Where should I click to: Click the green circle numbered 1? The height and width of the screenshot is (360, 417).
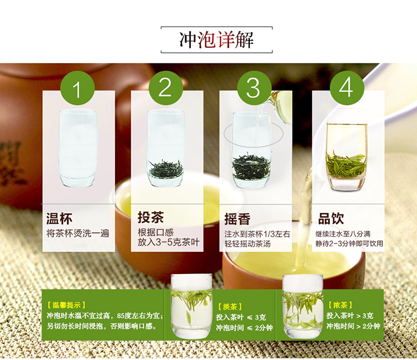[x=77, y=88]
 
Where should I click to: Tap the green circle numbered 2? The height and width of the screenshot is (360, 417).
[x=166, y=88]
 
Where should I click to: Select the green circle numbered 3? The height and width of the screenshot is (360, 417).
[x=254, y=88]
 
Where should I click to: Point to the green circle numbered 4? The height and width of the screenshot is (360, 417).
[x=347, y=88]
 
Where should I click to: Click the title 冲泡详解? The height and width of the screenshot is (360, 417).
[x=216, y=40]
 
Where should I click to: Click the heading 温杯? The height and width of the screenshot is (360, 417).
[x=59, y=219]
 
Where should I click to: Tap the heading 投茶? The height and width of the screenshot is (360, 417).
[x=151, y=218]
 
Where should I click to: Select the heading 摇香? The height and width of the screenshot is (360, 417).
[x=237, y=219]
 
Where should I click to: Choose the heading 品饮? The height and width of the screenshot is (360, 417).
[x=331, y=218]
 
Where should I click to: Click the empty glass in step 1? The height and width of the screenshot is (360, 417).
[x=77, y=148]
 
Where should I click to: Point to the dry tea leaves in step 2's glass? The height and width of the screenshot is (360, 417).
[x=166, y=169]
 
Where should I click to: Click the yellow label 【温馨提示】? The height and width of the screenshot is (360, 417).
[x=66, y=305]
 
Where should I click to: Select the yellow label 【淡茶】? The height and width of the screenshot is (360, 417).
[x=230, y=307]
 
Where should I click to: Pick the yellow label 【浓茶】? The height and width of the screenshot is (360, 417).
[x=340, y=305]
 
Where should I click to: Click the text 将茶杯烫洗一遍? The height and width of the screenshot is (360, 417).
[x=78, y=233]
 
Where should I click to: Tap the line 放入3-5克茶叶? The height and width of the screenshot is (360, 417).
[x=168, y=242]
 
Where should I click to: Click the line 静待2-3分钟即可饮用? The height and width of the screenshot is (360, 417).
[x=349, y=243]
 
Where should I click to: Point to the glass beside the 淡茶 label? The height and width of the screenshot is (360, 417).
[x=191, y=306]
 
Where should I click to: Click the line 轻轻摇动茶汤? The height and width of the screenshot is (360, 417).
[x=247, y=244]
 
